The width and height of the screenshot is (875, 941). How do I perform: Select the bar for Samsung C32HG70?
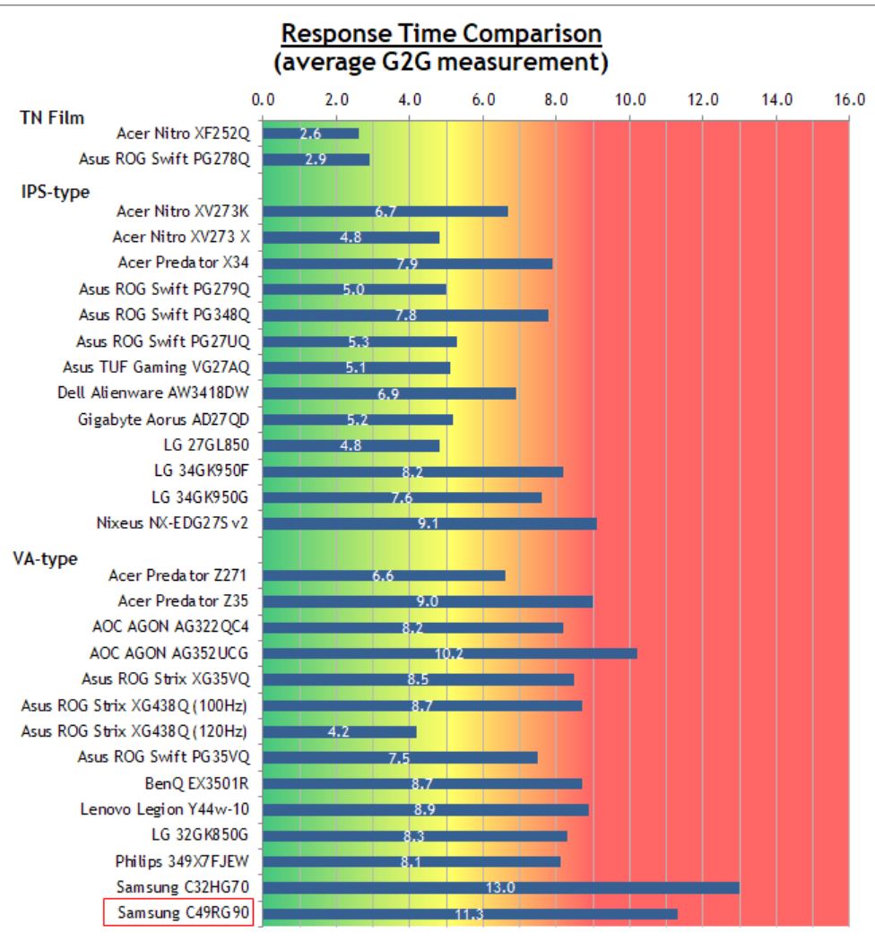[501, 887]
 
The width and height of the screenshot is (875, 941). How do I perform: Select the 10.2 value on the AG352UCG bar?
[449, 653]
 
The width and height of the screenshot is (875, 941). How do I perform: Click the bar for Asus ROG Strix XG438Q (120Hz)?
[340, 731]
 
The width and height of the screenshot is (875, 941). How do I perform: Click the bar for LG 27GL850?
[351, 445]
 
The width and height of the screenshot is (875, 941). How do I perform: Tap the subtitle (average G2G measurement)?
[437, 64]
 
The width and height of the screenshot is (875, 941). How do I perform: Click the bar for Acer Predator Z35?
[428, 601]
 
